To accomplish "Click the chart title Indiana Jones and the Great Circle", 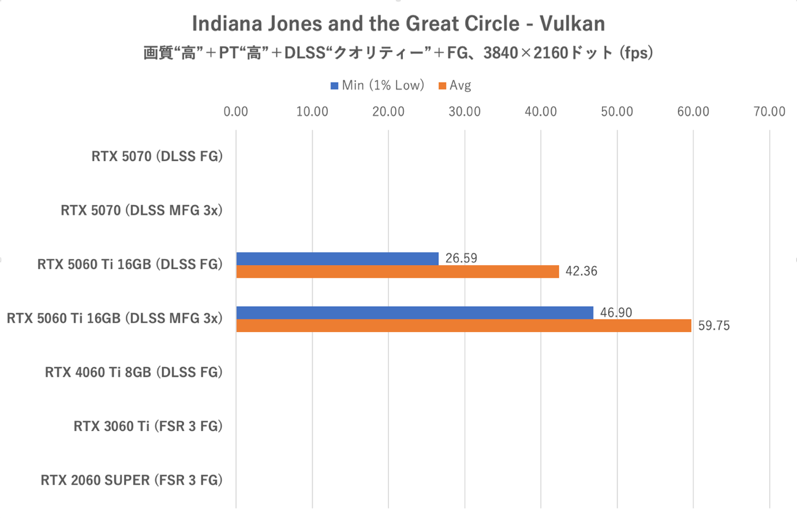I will (x=398, y=24).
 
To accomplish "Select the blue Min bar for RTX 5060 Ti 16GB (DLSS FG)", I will (x=337, y=259).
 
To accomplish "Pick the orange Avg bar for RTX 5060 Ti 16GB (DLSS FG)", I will (x=397, y=271).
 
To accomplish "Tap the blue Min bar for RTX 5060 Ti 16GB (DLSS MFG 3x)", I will (x=414, y=312).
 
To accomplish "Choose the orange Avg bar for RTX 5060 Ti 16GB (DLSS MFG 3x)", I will (x=463, y=326).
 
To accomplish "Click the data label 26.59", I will (x=461, y=258).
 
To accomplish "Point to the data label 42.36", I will (x=581, y=271).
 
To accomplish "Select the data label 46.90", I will (x=616, y=312).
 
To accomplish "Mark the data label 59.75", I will (x=714, y=326).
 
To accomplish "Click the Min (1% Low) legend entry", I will (x=377, y=85).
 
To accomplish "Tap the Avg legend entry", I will (x=455, y=85).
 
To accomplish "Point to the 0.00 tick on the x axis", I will (x=235, y=111).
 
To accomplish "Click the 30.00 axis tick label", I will (x=464, y=111).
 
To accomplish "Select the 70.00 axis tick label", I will (x=769, y=111).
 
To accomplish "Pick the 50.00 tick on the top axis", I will (x=617, y=111).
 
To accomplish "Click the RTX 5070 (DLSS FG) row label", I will (x=157, y=156).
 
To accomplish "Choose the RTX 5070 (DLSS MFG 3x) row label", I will (x=141, y=210).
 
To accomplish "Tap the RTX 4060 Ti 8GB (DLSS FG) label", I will (x=134, y=372).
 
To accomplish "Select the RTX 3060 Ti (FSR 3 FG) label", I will (x=148, y=426).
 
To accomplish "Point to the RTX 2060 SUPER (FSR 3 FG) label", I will (x=132, y=480).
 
